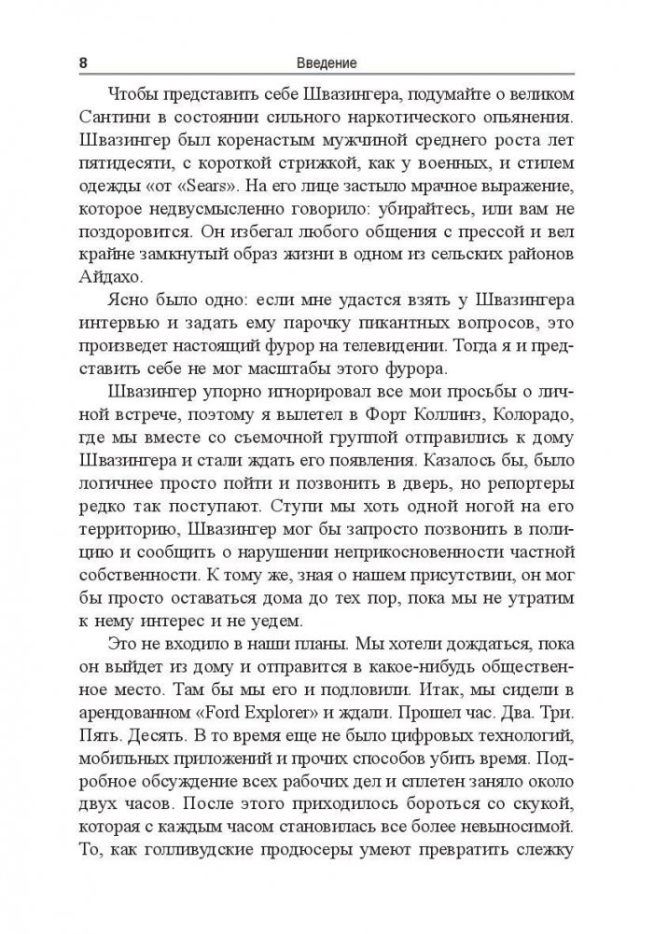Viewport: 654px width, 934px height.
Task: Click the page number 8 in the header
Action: pyautogui.click(x=85, y=63)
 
